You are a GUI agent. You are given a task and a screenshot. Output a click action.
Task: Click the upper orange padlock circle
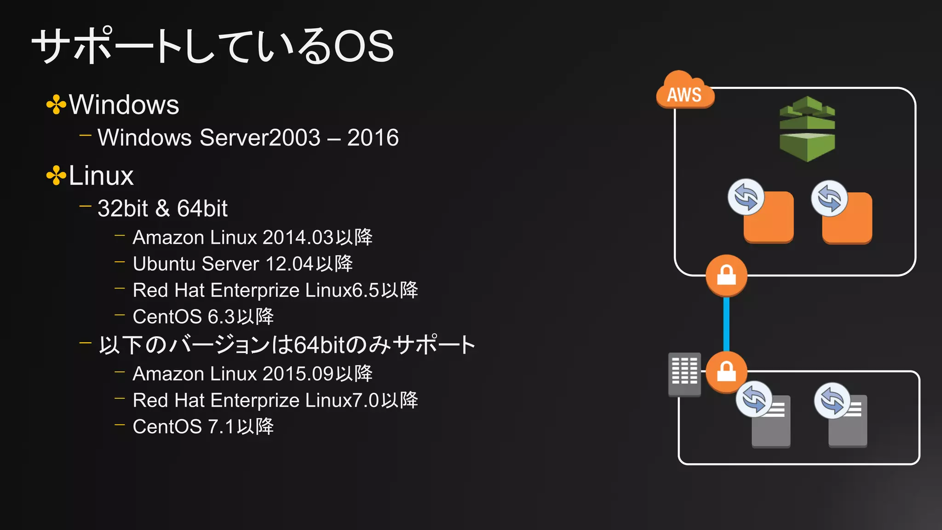tap(726, 275)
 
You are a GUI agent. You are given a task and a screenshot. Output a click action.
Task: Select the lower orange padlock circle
tap(726, 372)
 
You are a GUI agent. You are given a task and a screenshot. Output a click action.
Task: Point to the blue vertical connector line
tap(726, 324)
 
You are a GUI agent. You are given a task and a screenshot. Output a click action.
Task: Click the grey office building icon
tap(684, 374)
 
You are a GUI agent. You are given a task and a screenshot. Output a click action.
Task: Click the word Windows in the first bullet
tap(124, 104)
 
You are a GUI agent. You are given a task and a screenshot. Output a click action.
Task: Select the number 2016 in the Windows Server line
tap(373, 138)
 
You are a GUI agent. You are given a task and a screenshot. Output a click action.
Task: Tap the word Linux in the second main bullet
tap(101, 176)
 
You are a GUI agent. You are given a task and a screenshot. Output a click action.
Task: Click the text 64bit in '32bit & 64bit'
tap(202, 208)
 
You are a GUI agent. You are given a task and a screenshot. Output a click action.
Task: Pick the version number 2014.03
tap(298, 237)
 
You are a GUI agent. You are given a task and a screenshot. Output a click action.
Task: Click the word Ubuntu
tap(164, 264)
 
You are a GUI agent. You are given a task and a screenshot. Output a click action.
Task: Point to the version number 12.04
tap(289, 264)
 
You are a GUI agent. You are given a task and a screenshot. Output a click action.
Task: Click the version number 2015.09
tap(298, 374)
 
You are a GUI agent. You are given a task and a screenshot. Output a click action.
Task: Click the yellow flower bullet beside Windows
tap(56, 104)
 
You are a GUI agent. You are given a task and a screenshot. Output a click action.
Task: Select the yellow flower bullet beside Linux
tap(56, 176)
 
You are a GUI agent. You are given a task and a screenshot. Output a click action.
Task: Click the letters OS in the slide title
tap(363, 46)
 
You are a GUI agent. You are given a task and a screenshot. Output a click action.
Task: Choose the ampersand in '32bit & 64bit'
tap(162, 208)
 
